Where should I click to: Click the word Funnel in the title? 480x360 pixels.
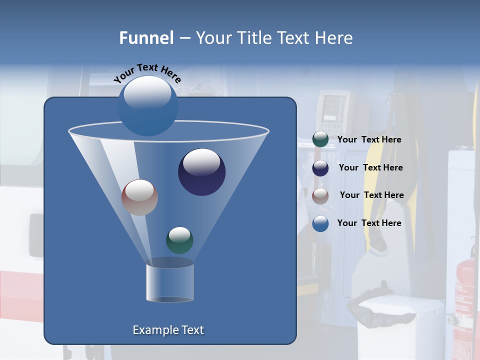146,38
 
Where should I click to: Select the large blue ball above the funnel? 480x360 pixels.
147,105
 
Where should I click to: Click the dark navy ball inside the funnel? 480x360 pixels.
201,172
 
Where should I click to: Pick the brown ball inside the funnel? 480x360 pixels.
139,197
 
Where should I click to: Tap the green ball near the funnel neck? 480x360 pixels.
179,240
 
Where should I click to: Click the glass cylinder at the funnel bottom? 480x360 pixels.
170,283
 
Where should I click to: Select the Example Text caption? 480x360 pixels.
168,330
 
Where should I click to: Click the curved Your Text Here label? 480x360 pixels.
147,73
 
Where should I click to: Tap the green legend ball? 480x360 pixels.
320,139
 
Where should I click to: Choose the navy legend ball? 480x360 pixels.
320,168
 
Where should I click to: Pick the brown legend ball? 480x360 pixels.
320,196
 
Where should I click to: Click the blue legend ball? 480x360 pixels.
320,223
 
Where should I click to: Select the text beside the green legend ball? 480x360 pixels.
369,140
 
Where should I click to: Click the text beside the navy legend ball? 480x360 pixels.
370,168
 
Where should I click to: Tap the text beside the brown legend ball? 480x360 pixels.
371,195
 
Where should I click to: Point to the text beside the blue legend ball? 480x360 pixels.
369,223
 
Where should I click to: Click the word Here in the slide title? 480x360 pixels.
334,38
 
